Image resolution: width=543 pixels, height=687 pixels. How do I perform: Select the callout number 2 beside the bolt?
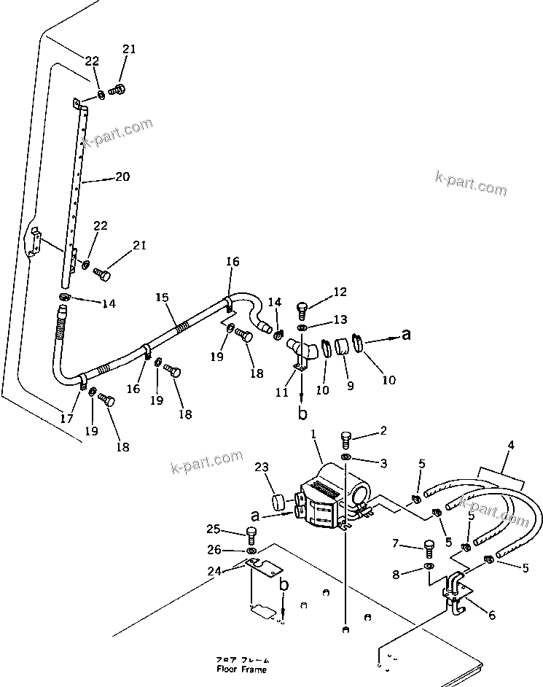click(x=382, y=432)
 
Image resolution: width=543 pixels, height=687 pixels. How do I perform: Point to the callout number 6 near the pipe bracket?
click(x=491, y=616)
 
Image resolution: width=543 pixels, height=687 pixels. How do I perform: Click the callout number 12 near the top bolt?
click(x=341, y=293)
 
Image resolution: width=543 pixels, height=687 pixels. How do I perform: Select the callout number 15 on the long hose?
click(x=162, y=298)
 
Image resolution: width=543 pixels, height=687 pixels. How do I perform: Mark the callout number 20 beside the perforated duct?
click(x=122, y=177)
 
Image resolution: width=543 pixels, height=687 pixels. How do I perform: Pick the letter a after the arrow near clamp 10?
click(x=406, y=335)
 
